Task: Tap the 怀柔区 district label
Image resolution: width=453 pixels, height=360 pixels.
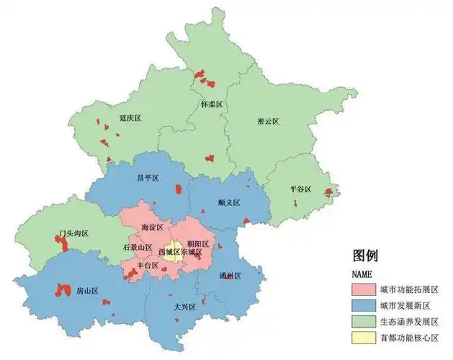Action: [x=212, y=104]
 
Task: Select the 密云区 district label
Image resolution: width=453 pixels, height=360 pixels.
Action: [x=268, y=122]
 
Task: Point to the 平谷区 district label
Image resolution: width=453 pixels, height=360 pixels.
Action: [x=300, y=189]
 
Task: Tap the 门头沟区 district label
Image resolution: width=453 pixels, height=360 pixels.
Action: [x=73, y=234]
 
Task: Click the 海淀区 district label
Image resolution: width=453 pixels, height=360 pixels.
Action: [x=153, y=228]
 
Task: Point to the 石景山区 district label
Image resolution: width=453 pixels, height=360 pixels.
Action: [x=138, y=248]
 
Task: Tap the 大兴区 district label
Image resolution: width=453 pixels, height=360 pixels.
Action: [x=184, y=307]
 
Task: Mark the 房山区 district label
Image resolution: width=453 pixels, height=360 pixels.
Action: [x=87, y=292]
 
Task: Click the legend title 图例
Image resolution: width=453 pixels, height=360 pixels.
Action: [x=366, y=256]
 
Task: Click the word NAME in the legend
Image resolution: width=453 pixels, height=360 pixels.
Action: [x=362, y=274]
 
